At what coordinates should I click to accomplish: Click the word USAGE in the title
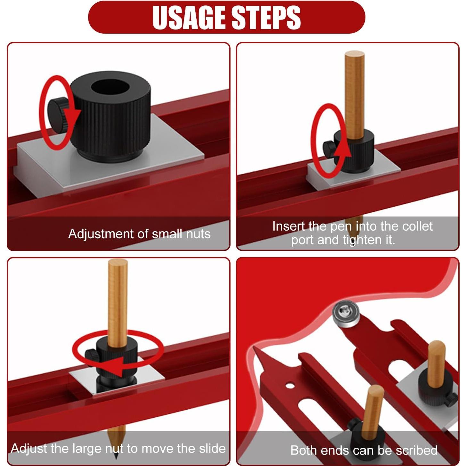tap(190, 18)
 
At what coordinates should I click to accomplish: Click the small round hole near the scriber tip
tap(290, 386)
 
